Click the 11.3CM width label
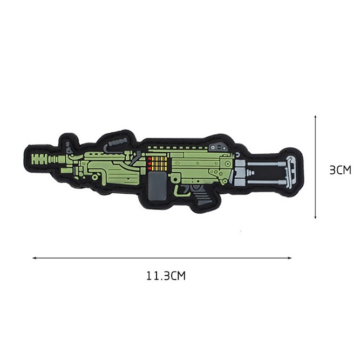point(166,276)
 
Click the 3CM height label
point(340,170)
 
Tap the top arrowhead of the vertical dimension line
point(315,117)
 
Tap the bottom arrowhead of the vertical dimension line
point(315,217)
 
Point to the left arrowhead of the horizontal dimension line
point(35,258)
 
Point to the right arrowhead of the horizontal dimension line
point(290,258)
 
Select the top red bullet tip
point(150,159)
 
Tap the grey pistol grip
point(201,195)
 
